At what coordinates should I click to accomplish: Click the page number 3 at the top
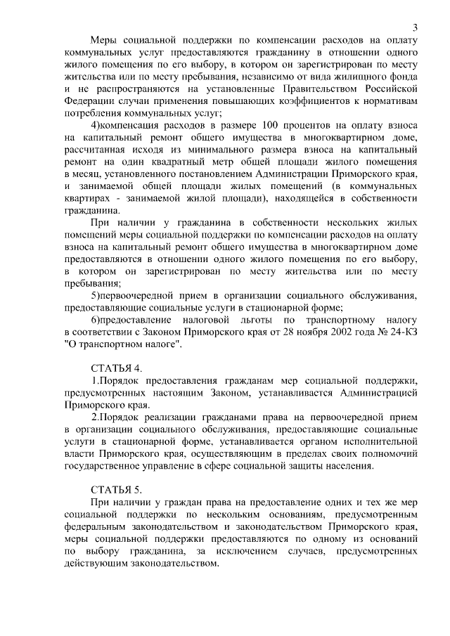(416, 28)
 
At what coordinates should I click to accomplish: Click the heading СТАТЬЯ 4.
(117, 368)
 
